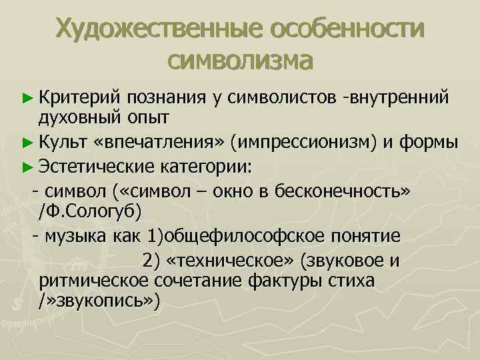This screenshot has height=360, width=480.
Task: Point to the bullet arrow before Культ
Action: pos(26,142)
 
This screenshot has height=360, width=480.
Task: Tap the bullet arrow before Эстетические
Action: pos(26,165)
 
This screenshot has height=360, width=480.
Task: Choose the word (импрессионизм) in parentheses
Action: pos(304,141)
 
